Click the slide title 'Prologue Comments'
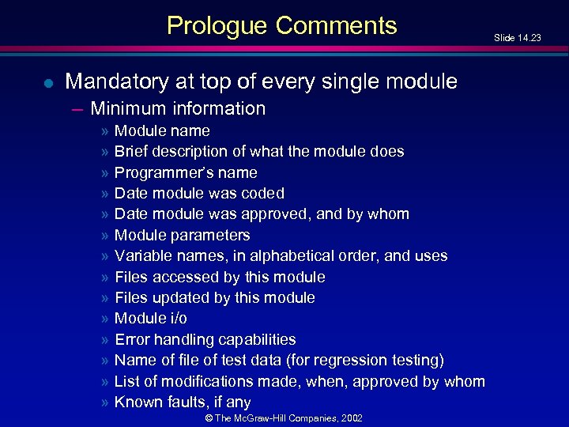point(282,26)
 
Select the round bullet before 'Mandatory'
point(49,81)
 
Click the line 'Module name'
point(162,130)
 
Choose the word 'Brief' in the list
point(132,151)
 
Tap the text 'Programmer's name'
point(186,172)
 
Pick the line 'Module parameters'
point(182,235)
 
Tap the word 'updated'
point(176,297)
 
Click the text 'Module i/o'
point(151,318)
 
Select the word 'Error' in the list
point(132,339)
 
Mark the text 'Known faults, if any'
point(183,402)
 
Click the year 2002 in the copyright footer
point(350,418)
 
